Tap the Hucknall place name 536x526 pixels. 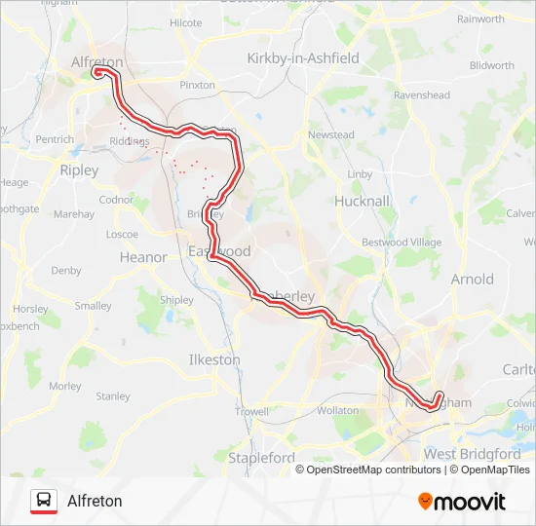(x=362, y=201)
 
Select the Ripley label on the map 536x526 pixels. (x=79, y=169)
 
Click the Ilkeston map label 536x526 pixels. (x=214, y=359)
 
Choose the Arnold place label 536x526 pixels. (x=472, y=280)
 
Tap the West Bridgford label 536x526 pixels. (x=472, y=454)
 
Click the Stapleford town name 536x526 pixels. (x=261, y=458)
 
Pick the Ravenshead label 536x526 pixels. (x=421, y=95)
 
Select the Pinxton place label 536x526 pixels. (x=197, y=85)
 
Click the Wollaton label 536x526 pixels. (x=338, y=411)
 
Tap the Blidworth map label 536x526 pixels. (x=491, y=66)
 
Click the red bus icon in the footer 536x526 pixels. (x=44, y=501)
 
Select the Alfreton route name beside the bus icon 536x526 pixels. (x=95, y=501)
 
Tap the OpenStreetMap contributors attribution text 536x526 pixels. (x=373, y=470)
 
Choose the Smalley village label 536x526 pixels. (x=94, y=306)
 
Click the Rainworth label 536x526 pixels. (x=480, y=19)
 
